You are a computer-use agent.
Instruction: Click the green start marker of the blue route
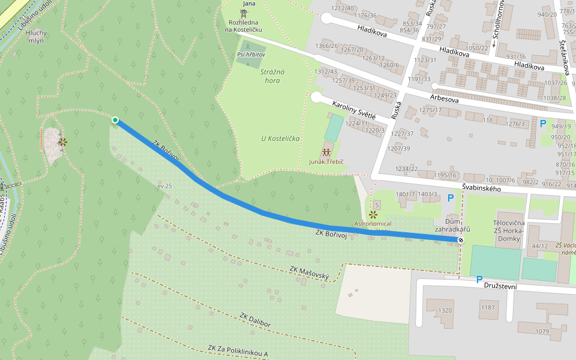pyautogui.click(x=115, y=121)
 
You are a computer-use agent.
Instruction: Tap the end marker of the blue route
pyautogui.click(x=460, y=240)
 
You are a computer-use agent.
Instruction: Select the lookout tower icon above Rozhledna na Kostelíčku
pyautogui.click(x=244, y=13)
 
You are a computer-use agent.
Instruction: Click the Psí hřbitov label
pyautogui.click(x=251, y=54)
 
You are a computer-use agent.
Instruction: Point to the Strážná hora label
pyautogui.click(x=272, y=76)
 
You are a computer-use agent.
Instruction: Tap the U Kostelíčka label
pyautogui.click(x=280, y=139)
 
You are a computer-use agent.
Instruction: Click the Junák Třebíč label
pyautogui.click(x=326, y=162)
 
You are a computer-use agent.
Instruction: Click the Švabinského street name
pyautogui.click(x=481, y=187)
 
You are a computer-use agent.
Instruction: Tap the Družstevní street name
pyautogui.click(x=500, y=287)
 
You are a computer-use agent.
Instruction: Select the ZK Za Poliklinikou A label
pyautogui.click(x=238, y=351)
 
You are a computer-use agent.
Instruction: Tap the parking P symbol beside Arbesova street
pyautogui.click(x=543, y=124)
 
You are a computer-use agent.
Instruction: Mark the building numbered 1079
pyautogui.click(x=542, y=331)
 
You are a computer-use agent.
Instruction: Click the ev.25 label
pyautogui.click(x=164, y=186)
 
